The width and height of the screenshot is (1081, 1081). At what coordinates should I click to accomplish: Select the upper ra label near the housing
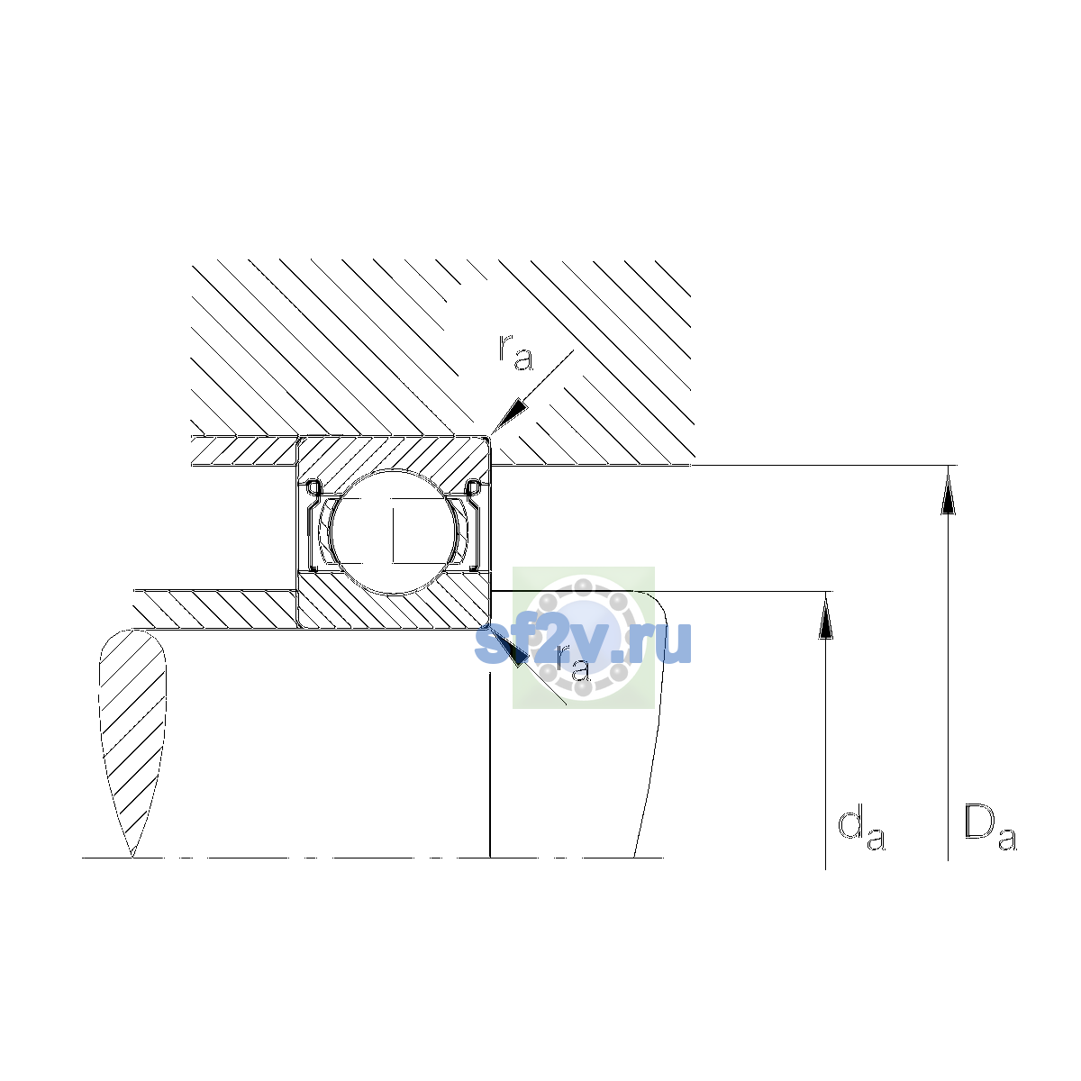[x=515, y=353]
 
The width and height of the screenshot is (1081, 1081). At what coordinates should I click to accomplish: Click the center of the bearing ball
[x=395, y=531]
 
